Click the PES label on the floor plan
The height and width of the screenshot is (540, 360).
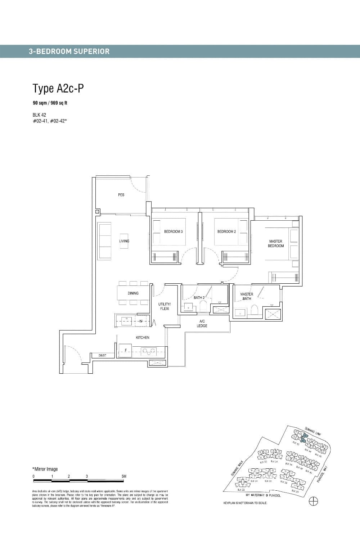[121, 195]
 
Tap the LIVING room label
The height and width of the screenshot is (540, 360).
[124, 241]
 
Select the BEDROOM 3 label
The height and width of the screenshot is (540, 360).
[173, 231]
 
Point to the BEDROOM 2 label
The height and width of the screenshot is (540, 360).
[226, 231]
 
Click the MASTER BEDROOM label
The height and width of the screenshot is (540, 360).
[276, 244]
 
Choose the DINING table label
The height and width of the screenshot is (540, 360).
[133, 293]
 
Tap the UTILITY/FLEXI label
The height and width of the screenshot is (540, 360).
[165, 307]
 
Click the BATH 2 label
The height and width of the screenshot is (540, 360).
[199, 298]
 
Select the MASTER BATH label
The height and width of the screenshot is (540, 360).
[247, 296]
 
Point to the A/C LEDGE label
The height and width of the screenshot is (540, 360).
[202, 323]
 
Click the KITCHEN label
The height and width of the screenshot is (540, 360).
[143, 338]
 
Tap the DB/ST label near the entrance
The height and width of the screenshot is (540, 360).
[102, 356]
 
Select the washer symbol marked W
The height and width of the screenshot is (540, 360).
[141, 320]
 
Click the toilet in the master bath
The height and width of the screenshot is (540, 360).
[255, 310]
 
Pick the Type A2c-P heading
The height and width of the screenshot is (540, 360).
[58, 89]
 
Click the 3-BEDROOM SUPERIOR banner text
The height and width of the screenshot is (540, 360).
[69, 51]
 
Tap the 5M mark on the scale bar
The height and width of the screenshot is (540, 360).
[124, 476]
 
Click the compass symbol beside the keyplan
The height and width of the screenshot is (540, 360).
[314, 501]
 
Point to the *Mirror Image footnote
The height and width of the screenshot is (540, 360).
[45, 469]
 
